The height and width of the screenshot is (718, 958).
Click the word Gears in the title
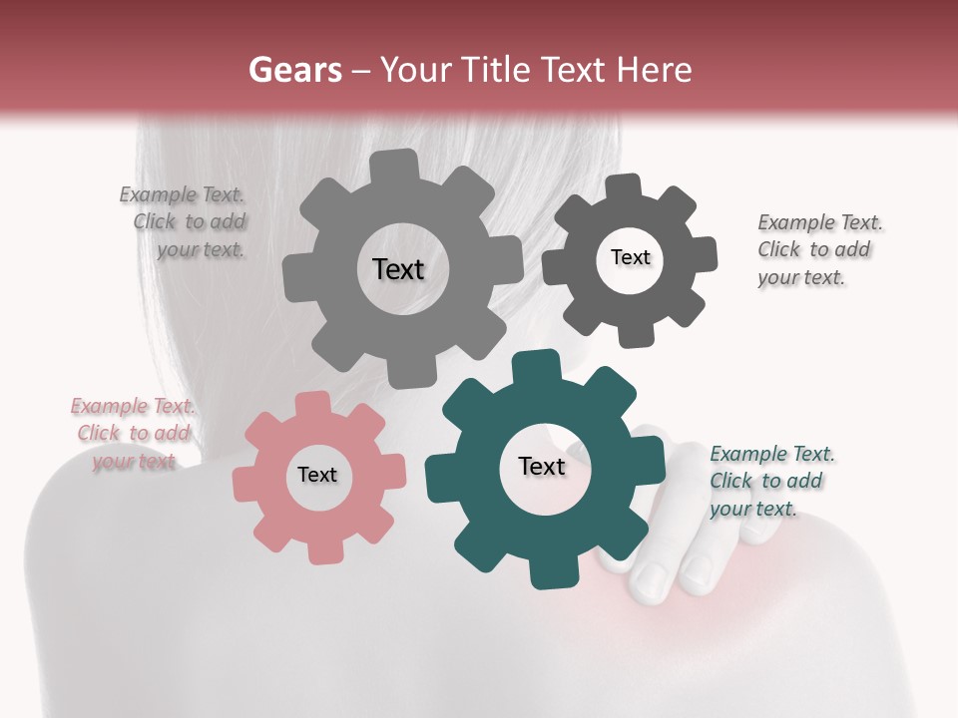[294, 70]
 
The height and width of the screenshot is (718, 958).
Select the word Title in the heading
[496, 70]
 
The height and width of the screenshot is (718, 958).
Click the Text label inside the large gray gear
[398, 269]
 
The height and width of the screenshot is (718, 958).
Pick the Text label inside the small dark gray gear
[630, 257]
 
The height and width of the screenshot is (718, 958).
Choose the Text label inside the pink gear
[316, 475]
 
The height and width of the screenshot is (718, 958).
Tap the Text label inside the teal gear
[542, 466]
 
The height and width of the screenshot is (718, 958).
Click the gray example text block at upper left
[184, 222]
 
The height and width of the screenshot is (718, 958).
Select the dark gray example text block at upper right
[818, 250]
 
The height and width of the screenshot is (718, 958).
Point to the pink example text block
[132, 434]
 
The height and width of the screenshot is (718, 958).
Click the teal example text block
[770, 482]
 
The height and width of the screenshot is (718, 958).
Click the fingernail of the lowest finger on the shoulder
[652, 582]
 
